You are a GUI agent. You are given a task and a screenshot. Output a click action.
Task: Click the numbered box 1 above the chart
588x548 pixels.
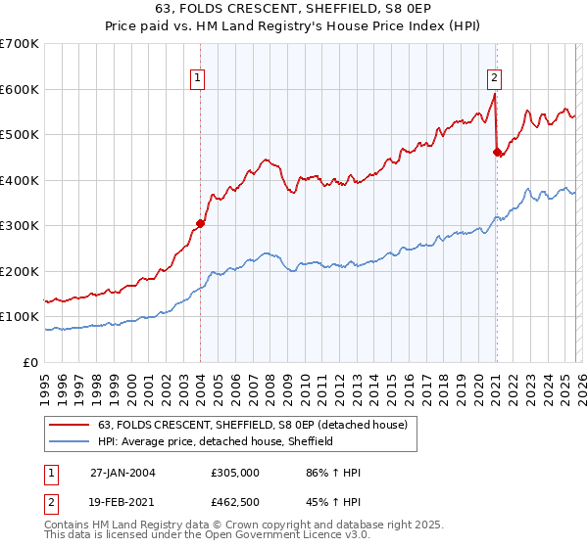(198, 79)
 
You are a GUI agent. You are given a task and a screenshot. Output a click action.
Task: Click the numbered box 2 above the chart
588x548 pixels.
(494, 79)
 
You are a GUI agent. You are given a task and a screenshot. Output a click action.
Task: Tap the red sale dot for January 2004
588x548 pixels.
(200, 223)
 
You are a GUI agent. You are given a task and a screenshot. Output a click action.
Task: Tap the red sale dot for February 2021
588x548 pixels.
(497, 152)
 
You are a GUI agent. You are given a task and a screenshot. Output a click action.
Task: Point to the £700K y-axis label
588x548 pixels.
(19, 44)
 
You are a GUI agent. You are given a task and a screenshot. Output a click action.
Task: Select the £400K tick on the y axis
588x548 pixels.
(19, 180)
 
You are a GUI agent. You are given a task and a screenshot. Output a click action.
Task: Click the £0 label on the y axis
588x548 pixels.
(31, 362)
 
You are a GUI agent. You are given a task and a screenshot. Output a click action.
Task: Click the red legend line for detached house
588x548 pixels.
(69, 425)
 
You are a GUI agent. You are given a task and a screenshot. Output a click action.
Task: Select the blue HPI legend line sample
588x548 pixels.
(69, 441)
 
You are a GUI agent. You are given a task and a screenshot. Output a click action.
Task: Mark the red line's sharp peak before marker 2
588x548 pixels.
(495, 95)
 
